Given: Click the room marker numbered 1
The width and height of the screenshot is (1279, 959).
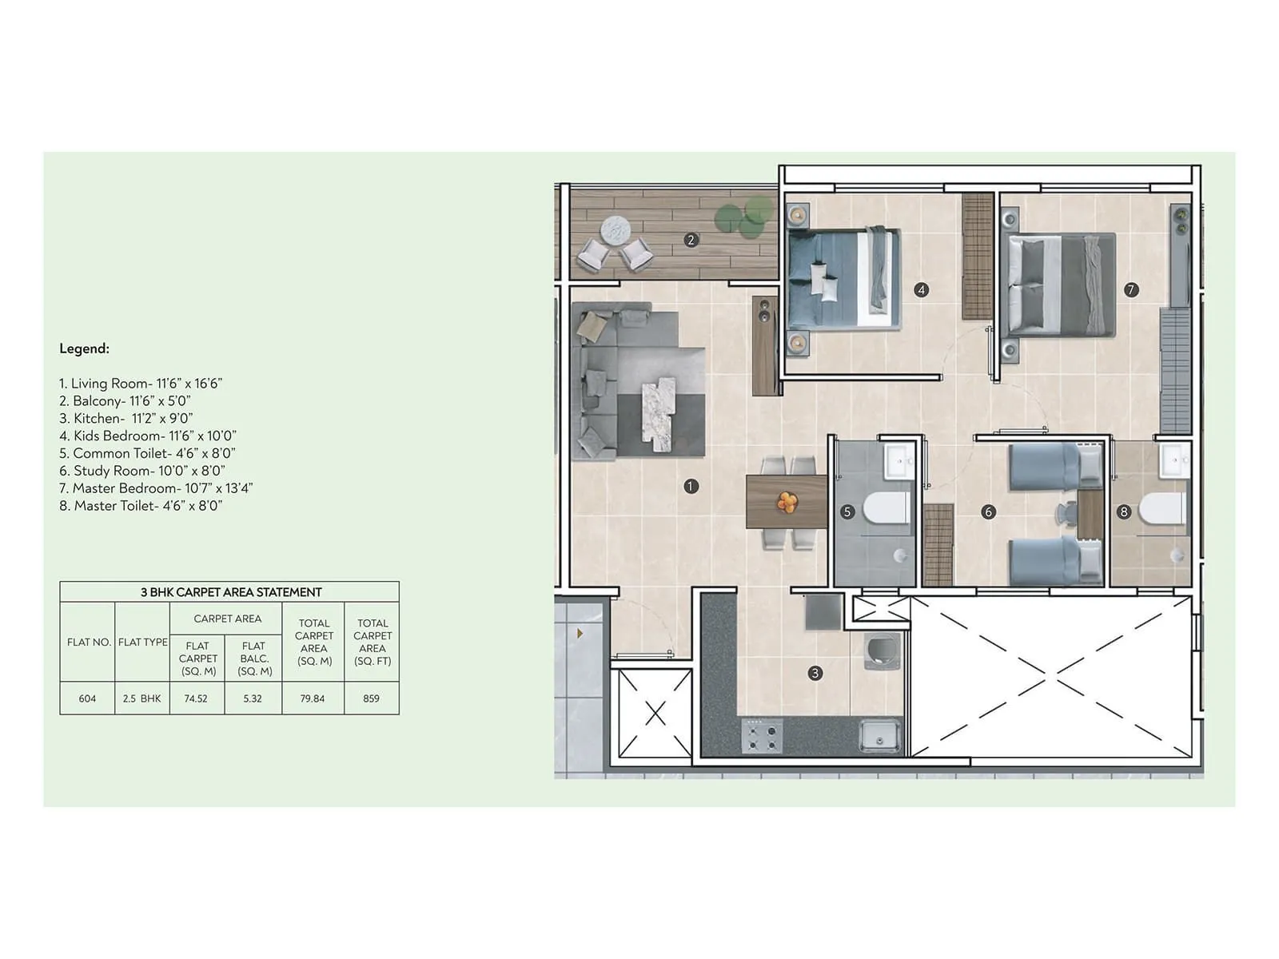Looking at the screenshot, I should click(x=691, y=486).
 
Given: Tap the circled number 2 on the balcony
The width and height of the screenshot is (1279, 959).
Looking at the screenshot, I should click(x=691, y=240).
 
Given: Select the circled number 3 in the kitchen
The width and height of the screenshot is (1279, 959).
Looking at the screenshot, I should click(x=815, y=673).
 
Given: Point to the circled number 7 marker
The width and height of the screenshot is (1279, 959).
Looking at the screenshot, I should click(x=1130, y=290).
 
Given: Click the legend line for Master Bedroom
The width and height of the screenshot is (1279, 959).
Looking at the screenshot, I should click(x=156, y=488).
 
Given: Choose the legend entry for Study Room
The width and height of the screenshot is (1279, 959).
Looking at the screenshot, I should click(x=142, y=471).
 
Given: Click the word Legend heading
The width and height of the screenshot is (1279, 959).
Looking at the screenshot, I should click(x=84, y=348).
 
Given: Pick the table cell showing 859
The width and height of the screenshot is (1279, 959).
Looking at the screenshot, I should click(x=371, y=698).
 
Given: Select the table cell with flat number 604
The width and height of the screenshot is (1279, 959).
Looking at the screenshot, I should click(x=87, y=698).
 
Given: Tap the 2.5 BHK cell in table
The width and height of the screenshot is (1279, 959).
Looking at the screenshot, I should click(x=141, y=698).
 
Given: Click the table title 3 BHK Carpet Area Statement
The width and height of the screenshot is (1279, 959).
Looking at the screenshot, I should click(x=230, y=592).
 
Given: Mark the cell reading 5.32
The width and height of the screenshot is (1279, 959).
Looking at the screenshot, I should click(x=253, y=698).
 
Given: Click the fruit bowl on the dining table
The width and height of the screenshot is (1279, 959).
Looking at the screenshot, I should click(x=787, y=502).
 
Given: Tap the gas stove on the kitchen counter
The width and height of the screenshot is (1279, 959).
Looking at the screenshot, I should click(x=761, y=736).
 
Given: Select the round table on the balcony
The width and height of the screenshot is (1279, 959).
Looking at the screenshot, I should click(x=616, y=230).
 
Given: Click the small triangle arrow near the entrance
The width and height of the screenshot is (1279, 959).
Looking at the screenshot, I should click(x=580, y=634).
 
